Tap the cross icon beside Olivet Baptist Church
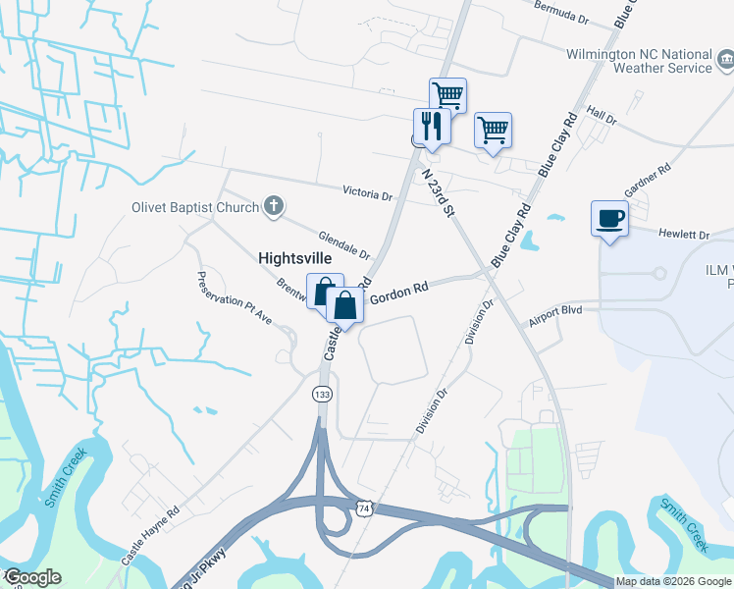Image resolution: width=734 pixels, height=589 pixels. coord(274,206)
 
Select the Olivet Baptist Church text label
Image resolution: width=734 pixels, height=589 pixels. coord(195,207)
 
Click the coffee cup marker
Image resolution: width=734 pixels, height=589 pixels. coord(609,218)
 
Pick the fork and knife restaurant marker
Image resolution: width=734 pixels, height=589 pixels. coord(431,127)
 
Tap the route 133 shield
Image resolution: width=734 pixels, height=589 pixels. coord(321,394)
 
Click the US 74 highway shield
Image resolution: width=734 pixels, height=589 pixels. coord(365,509)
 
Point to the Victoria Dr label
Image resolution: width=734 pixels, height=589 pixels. coord(367,194)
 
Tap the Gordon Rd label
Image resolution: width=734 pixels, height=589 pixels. coord(400,291)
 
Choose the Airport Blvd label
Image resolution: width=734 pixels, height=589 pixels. coord(554,310)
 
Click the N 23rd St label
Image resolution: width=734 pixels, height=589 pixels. coord(440,192)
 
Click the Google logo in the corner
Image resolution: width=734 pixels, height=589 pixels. coord(31,577)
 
